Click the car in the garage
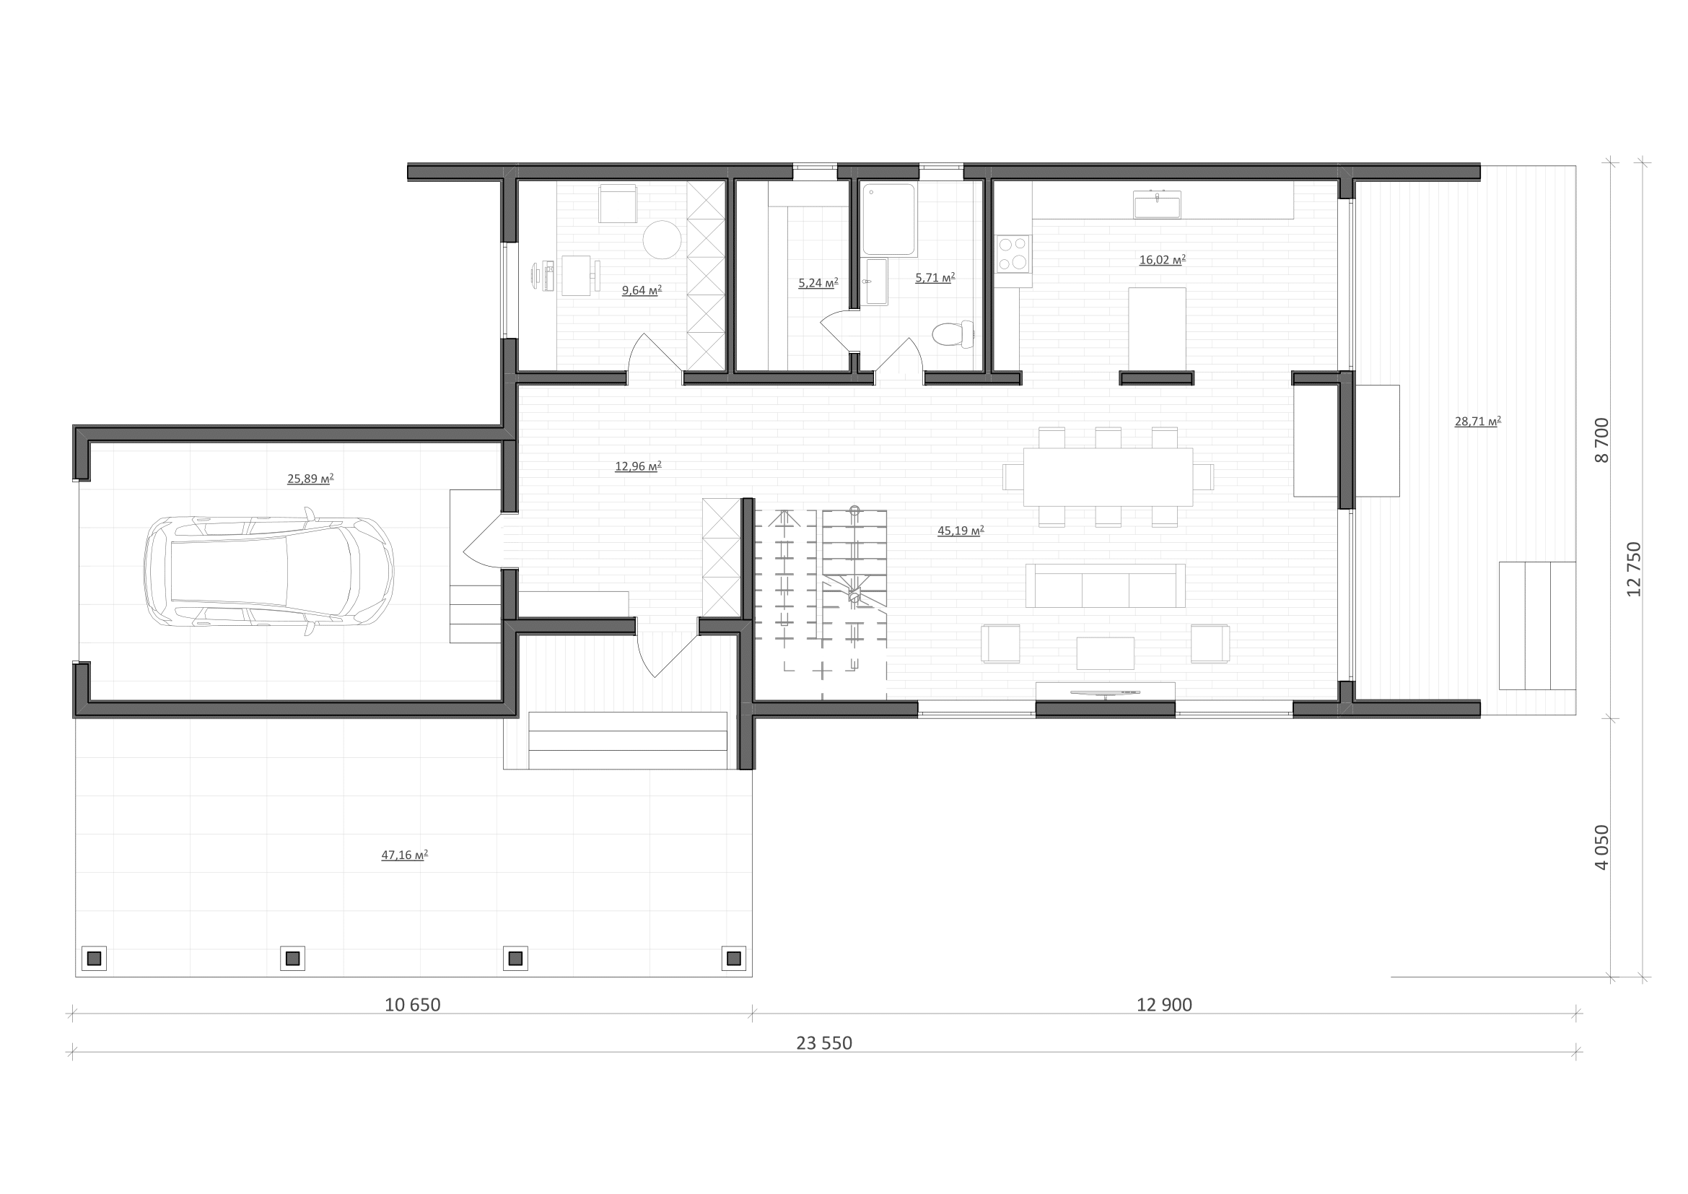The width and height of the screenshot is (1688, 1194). point(269,571)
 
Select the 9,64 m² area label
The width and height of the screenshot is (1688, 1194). point(642,290)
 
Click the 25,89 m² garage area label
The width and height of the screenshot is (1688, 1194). point(310,479)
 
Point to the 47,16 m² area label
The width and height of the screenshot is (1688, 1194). point(404,855)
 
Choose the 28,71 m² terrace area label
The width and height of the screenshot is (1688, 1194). point(1478,422)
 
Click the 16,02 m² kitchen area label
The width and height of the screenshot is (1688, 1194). point(1163,260)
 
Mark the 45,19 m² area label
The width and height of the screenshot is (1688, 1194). point(961,531)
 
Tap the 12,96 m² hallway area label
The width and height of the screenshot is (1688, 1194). point(638,466)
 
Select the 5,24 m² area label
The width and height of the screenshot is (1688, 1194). point(818,282)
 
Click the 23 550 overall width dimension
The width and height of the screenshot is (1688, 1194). point(824,1043)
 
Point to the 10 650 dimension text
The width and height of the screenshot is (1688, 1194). point(413,1005)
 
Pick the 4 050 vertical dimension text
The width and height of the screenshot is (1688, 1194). point(1602,847)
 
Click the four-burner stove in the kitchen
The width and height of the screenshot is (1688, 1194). point(1013,253)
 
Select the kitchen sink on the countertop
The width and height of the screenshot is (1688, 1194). point(1157,204)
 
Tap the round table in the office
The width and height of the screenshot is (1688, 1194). point(662,239)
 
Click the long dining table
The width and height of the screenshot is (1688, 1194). point(1108,476)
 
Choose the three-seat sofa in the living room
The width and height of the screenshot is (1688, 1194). point(1105,585)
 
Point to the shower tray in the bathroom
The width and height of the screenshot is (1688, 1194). point(890,219)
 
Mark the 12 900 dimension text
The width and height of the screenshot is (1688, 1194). point(1165,1005)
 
